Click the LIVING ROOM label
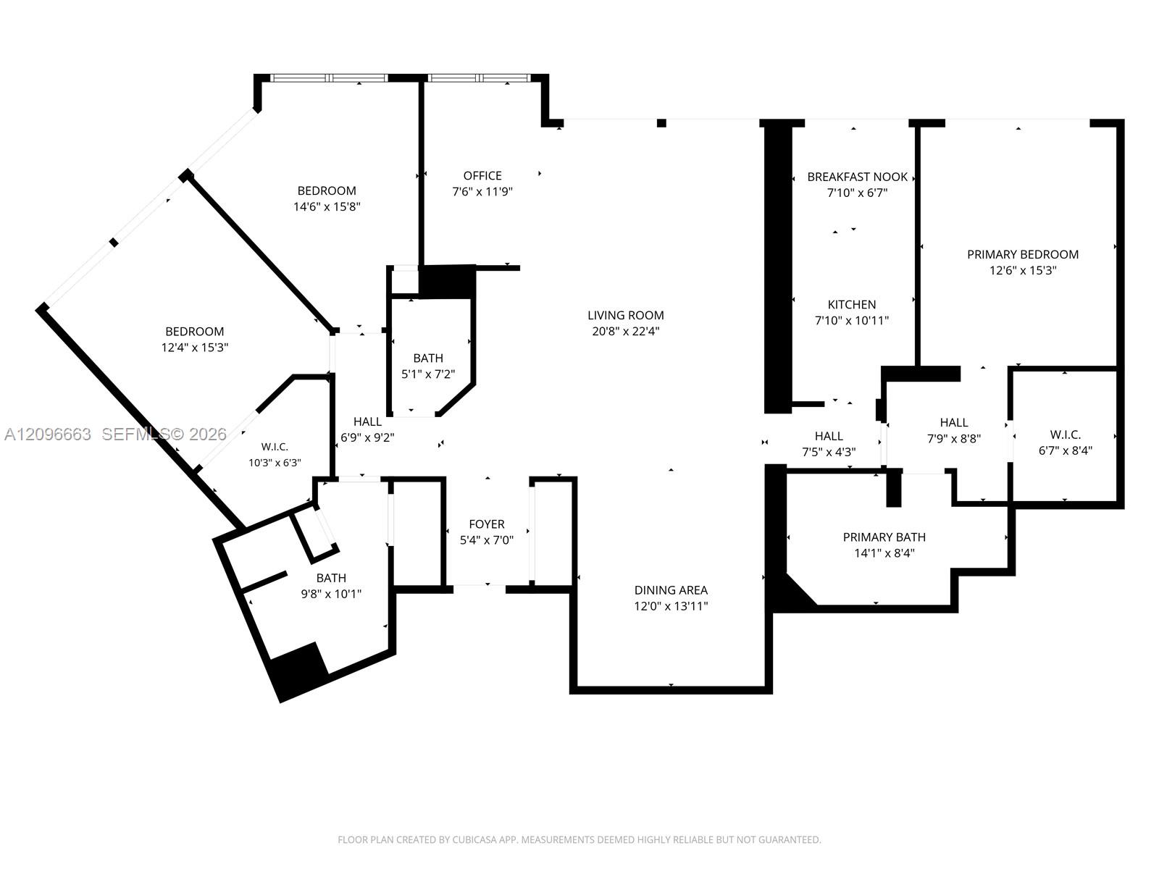point(626,316)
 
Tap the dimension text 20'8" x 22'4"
point(626,332)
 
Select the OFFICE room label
point(482,176)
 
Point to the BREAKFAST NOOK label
point(858,177)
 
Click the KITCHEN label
point(852,304)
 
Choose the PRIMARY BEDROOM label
point(1023,254)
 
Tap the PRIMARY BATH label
point(884,537)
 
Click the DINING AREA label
point(671,590)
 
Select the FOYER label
point(487,524)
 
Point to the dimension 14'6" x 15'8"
point(327,206)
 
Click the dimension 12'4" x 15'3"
point(195,347)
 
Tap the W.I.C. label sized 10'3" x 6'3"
point(275,447)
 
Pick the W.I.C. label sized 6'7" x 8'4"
point(1066,434)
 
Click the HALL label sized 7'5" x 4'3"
point(829,436)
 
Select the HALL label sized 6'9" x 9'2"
point(367,421)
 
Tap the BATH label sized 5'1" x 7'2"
point(428,358)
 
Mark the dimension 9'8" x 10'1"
point(331,594)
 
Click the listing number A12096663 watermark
point(48,434)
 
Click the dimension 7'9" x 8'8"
point(954,438)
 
